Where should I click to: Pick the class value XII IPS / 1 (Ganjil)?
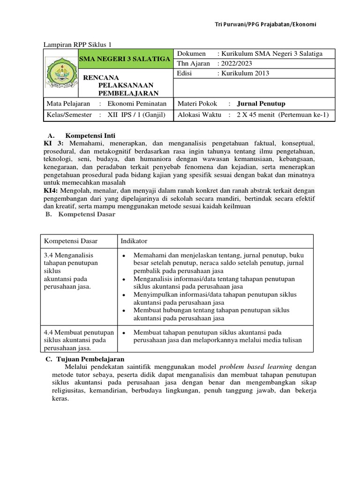click(136, 115)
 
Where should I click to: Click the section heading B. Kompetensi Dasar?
click(80, 214)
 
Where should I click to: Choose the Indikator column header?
click(134, 241)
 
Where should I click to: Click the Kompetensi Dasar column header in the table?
click(71, 241)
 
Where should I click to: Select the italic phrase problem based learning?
click(255, 366)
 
